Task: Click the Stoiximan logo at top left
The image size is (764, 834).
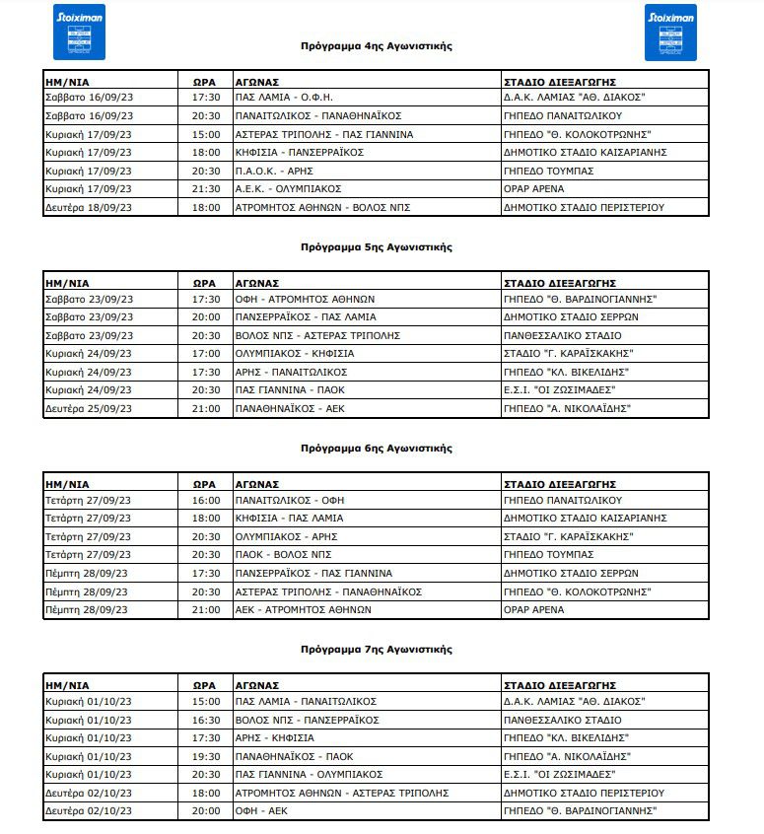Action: tap(79, 32)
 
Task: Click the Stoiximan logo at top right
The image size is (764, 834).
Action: tap(670, 32)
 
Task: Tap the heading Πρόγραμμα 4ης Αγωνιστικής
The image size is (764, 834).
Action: tap(377, 46)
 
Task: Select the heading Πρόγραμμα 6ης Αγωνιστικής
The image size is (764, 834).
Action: tap(377, 449)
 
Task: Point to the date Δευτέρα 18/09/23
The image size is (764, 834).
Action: tap(89, 207)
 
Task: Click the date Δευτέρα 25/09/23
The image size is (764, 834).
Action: tap(89, 408)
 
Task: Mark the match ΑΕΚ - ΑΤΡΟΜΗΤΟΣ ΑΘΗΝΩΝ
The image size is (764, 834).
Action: tap(303, 609)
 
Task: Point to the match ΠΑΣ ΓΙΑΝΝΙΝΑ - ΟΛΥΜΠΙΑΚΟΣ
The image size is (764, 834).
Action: tap(308, 774)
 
